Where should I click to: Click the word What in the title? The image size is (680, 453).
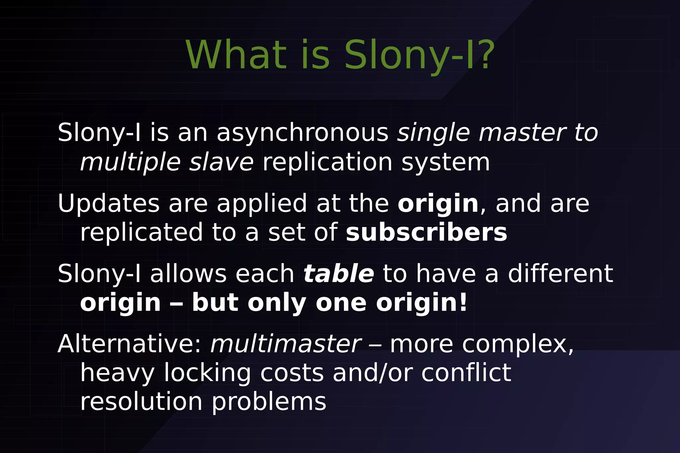click(x=236, y=55)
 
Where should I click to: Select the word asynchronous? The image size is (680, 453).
click(x=302, y=133)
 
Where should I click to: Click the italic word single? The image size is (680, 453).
click(x=433, y=133)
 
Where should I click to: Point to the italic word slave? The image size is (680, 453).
click(x=221, y=162)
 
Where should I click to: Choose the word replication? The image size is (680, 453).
click(x=327, y=162)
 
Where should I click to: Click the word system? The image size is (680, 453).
click(x=445, y=162)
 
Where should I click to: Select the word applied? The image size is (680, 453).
click(x=262, y=203)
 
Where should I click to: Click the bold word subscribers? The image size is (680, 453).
click(x=426, y=232)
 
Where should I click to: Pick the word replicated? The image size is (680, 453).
click(x=141, y=232)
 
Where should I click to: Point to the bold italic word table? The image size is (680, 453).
click(x=338, y=274)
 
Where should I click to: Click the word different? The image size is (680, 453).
click(x=560, y=274)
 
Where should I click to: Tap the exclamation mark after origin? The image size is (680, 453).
click(x=464, y=303)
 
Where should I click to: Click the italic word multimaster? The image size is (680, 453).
click(x=286, y=344)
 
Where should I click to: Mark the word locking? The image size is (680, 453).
click(x=207, y=373)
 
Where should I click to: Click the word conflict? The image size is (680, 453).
click(x=466, y=373)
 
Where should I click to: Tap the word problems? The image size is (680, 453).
click(x=269, y=402)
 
